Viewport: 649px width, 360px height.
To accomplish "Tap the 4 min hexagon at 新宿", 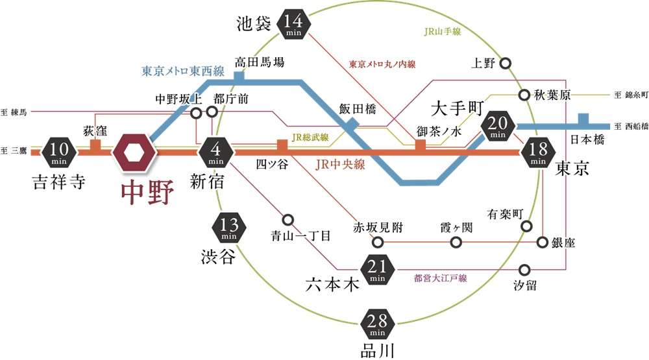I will (215, 153).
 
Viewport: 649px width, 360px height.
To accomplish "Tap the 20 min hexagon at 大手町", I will (498, 126).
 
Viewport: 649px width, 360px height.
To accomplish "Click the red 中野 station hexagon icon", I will (134, 153).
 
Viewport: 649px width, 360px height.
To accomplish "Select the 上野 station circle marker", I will (507, 64).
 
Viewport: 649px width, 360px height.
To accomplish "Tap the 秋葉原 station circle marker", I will (524, 95).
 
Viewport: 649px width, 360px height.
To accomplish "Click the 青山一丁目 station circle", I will (288, 219).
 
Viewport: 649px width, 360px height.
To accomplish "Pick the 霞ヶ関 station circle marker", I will (456, 243).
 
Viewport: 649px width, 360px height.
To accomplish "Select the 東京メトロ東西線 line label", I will (183, 71).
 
